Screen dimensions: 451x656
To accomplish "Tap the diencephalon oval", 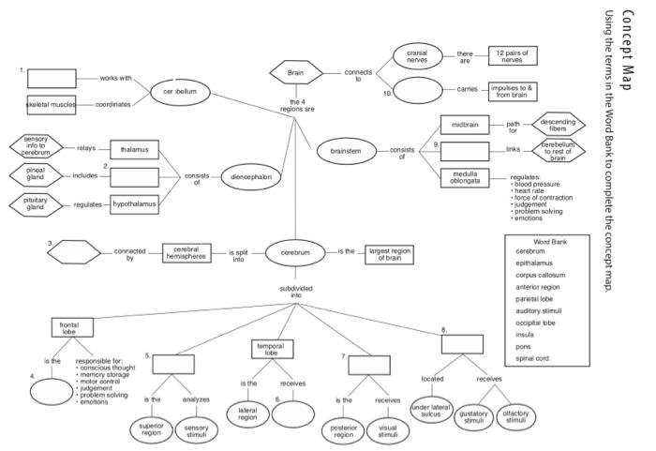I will [249, 176].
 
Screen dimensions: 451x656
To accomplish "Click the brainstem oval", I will [346, 151].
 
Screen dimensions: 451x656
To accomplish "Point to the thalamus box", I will [135, 149].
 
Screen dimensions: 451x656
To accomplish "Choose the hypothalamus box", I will [135, 202].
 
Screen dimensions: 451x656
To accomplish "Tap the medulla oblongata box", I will [465, 177].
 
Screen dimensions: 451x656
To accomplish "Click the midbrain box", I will [465, 125].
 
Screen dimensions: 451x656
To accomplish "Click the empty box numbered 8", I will [462, 343].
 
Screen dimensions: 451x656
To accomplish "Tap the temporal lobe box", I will [270, 349].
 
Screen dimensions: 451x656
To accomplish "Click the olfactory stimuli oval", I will [516, 418].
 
